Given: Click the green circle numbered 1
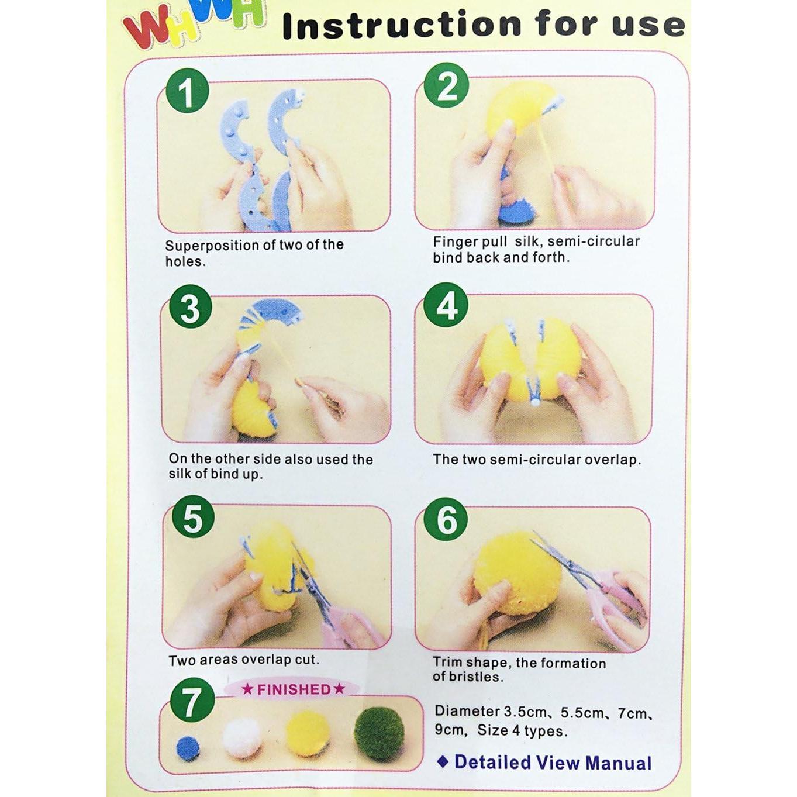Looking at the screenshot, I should (187, 91).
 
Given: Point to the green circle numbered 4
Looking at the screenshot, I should (446, 305).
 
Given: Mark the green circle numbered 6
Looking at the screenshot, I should (446, 519).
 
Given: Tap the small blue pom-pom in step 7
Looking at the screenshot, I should (188, 748).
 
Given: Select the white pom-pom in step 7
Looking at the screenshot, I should (242, 738).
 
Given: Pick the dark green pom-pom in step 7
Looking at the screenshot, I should (379, 733).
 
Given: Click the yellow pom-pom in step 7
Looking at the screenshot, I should (309, 734).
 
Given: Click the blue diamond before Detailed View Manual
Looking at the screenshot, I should (443, 761).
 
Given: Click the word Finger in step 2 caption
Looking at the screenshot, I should (452, 242).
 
